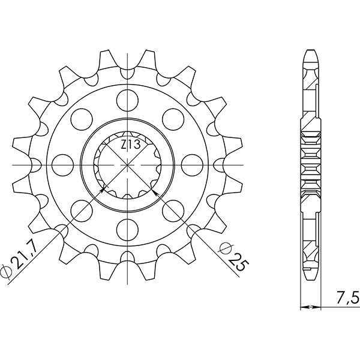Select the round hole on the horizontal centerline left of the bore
click(x=62, y=162)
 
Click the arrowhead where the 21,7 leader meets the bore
click(x=103, y=190)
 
